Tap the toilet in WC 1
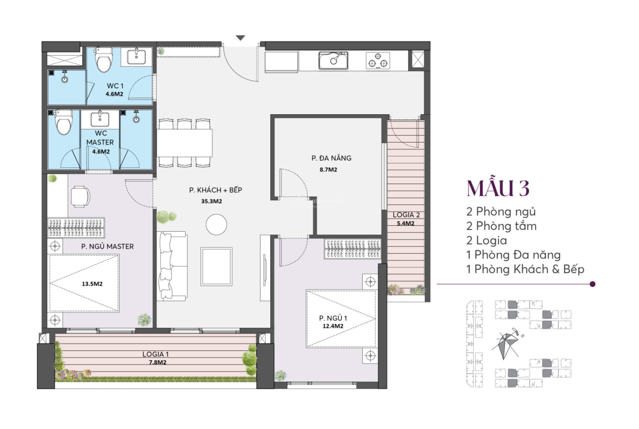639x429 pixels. (104, 60)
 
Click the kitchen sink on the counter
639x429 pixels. (333, 61)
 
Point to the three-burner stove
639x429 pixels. (378, 61)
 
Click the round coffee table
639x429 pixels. (216, 225)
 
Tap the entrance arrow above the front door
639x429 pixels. (240, 38)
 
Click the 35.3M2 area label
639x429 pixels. (211, 201)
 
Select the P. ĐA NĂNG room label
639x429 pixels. (332, 158)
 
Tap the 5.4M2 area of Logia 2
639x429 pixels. (405, 224)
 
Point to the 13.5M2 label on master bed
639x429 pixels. (92, 284)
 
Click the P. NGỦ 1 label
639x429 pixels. (333, 318)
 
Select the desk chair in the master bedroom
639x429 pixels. (80, 197)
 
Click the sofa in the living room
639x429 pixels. (173, 266)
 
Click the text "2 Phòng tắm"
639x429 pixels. (501, 226)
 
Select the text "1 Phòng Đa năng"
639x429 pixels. (513, 255)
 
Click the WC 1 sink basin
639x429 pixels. (137, 56)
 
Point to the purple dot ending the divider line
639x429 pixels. (593, 284)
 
